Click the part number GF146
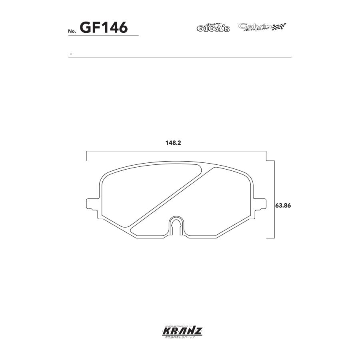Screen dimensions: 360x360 click(x=104, y=28)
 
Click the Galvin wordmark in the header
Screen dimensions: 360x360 click(x=255, y=26)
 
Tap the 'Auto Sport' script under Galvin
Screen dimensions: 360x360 click(x=259, y=30)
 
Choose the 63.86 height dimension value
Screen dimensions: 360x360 click(x=282, y=206)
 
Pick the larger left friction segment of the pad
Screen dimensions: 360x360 click(x=140, y=192)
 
